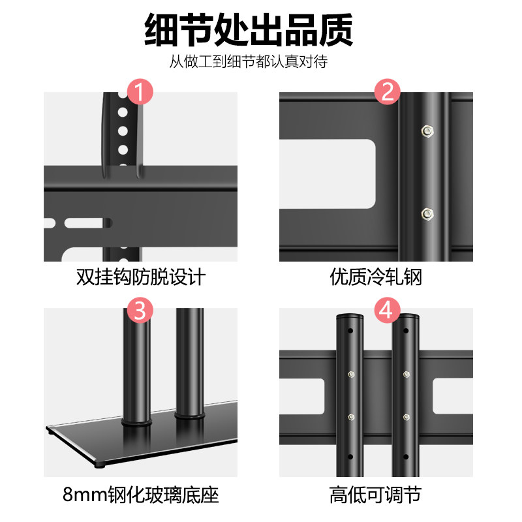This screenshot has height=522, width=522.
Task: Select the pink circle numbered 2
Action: [x=387, y=92]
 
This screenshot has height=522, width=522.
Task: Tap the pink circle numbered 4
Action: [x=387, y=309]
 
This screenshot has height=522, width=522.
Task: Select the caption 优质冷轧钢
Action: [x=376, y=277]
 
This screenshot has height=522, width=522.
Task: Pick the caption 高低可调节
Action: [x=376, y=494]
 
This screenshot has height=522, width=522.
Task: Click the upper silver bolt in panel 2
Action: [x=427, y=130]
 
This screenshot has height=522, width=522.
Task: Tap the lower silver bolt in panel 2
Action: [x=427, y=213]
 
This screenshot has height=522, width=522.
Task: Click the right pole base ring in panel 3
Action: [x=189, y=412]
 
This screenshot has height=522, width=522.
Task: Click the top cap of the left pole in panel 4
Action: [x=349, y=316]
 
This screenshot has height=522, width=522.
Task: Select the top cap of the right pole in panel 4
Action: [x=405, y=316]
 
